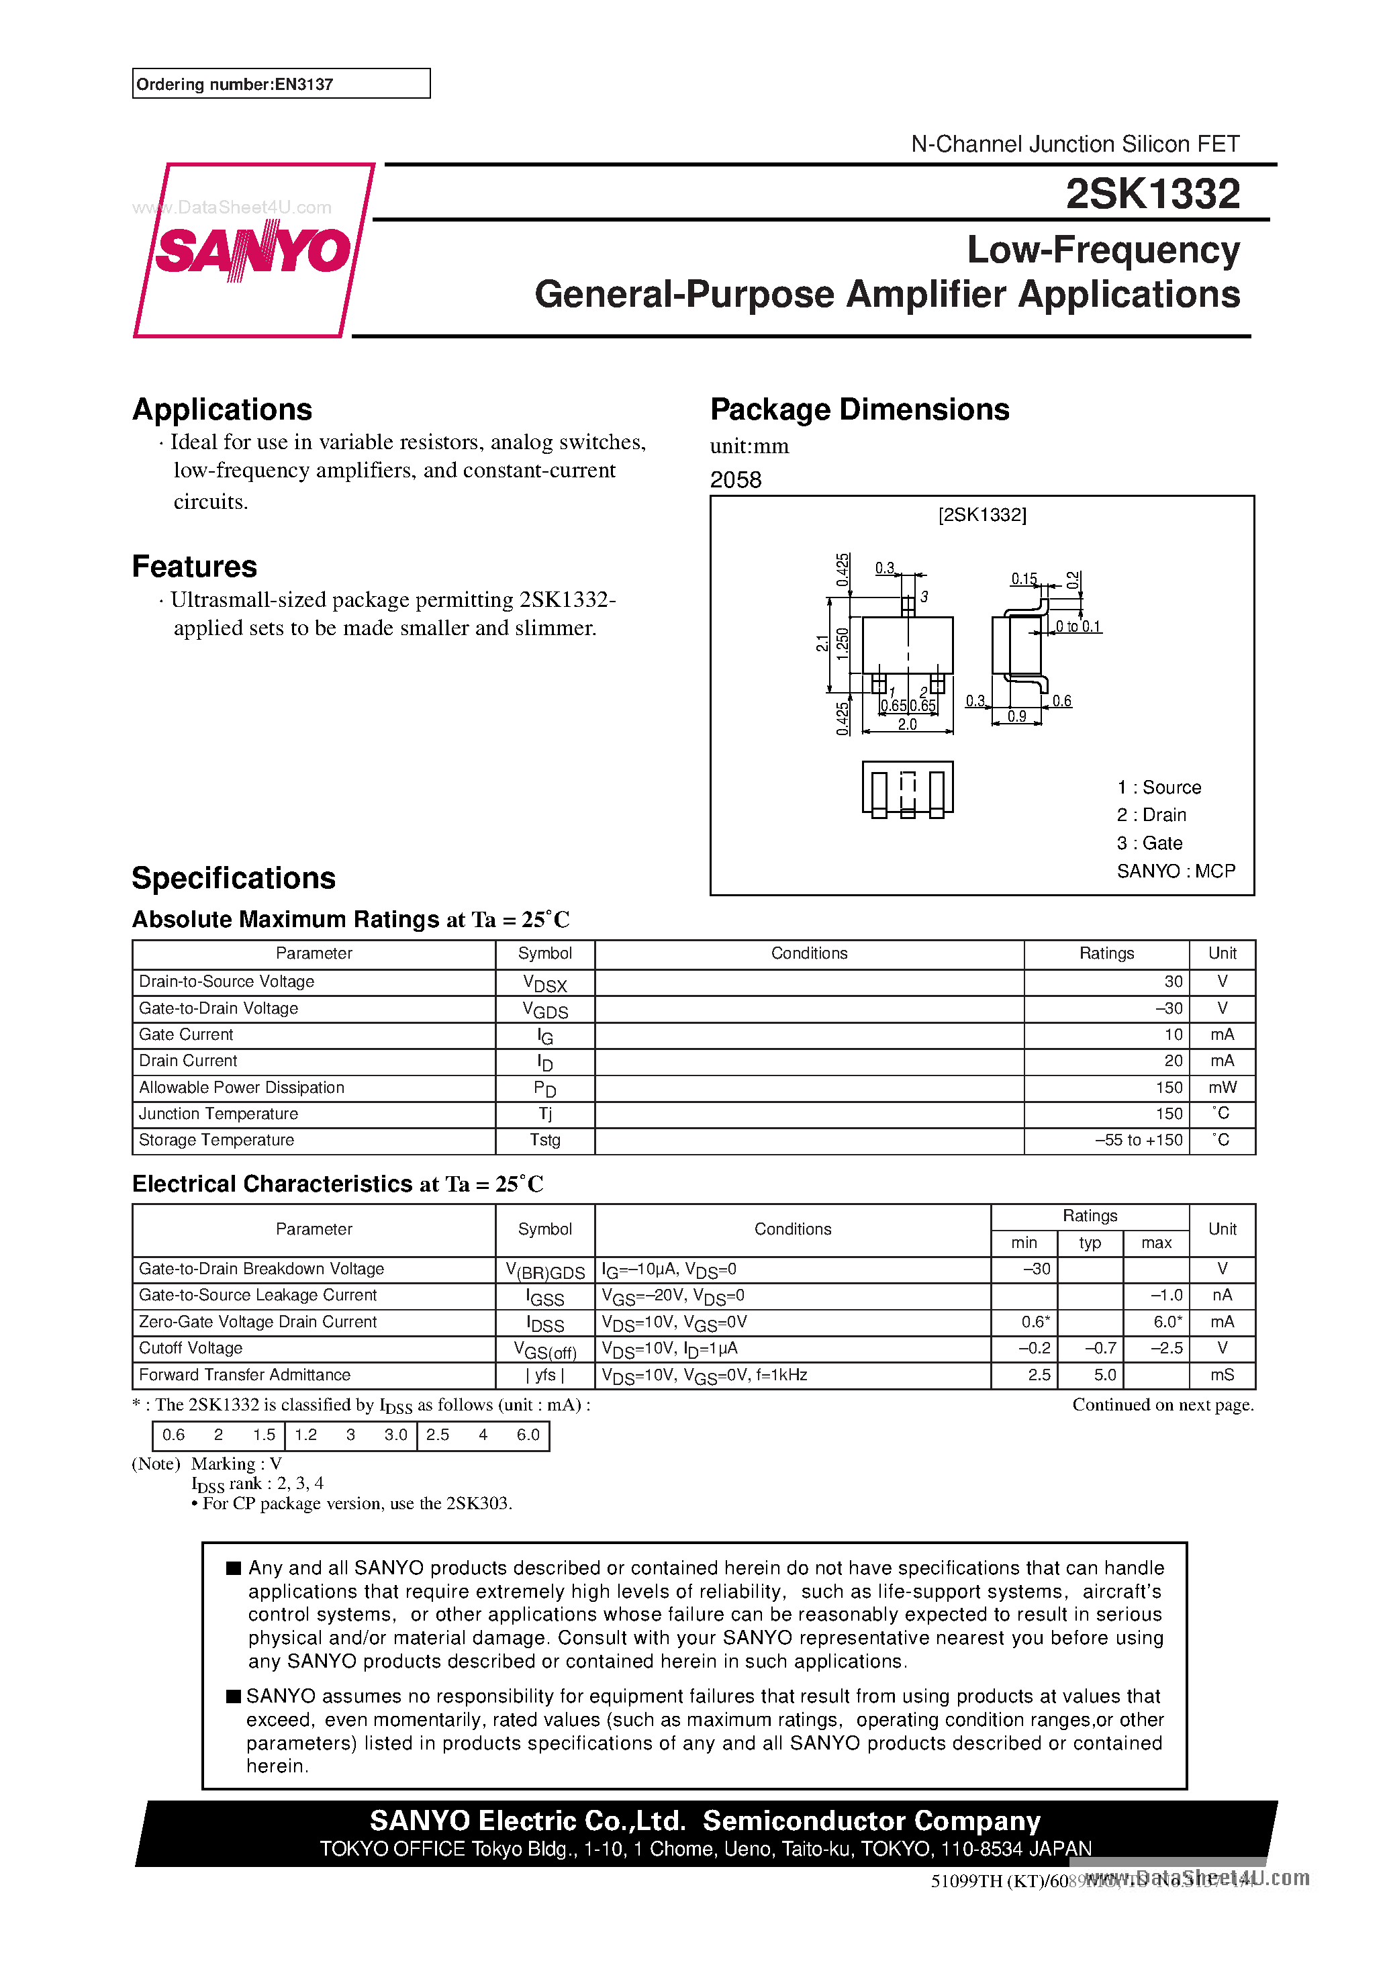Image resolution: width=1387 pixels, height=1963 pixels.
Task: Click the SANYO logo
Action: [253, 250]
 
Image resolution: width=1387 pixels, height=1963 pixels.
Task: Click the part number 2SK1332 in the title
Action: [1152, 194]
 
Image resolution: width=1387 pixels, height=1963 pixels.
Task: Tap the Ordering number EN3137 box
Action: [281, 84]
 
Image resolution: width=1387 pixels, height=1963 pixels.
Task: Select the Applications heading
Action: [222, 410]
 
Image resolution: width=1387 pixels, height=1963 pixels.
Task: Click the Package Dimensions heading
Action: [859, 410]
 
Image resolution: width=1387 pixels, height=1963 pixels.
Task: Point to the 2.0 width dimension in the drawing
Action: [907, 724]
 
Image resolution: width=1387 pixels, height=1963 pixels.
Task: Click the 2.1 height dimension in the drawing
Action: [822, 644]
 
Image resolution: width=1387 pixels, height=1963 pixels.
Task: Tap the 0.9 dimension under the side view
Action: [1016, 716]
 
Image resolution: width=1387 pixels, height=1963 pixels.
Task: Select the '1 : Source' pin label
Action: [1159, 787]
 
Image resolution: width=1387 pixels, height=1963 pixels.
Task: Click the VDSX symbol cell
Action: [544, 984]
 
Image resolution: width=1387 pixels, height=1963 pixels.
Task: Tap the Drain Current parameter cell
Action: [188, 1061]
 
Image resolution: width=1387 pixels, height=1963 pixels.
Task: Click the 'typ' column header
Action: [1090, 1243]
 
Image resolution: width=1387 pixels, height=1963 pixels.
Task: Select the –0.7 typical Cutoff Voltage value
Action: [1100, 1348]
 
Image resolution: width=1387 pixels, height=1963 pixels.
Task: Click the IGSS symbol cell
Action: [544, 1297]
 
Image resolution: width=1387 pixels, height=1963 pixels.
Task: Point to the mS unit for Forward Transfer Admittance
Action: [1222, 1375]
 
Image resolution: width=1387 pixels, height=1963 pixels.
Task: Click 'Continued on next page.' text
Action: [1162, 1404]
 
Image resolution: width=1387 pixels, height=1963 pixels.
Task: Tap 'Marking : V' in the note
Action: [236, 1464]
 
